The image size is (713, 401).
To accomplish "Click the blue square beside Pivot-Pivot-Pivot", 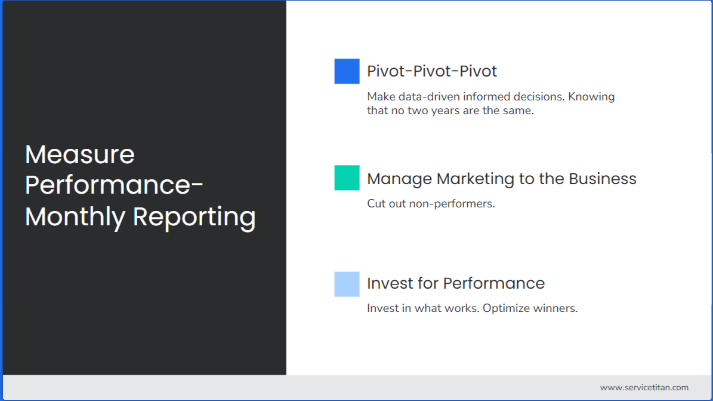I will pos(347,71).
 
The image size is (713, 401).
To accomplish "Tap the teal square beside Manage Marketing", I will pos(347,178).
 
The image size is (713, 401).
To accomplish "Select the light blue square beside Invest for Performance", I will pos(347,284).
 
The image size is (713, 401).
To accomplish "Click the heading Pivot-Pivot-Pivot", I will pos(431,71).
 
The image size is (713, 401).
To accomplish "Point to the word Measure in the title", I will pos(79,155).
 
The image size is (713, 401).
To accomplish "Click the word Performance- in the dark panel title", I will pos(114,186).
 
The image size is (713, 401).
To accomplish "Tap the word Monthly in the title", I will pos(75,216).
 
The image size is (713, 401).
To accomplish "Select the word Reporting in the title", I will pos(195,218).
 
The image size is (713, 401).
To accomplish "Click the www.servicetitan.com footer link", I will pos(644,387).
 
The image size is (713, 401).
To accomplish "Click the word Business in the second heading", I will pos(603,179).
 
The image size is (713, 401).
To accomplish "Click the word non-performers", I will pos(452,204).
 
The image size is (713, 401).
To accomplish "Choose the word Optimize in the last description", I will pos(505,309).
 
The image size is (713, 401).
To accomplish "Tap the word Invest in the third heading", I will pos(388,283).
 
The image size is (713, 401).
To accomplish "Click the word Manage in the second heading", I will pos(399,179).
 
